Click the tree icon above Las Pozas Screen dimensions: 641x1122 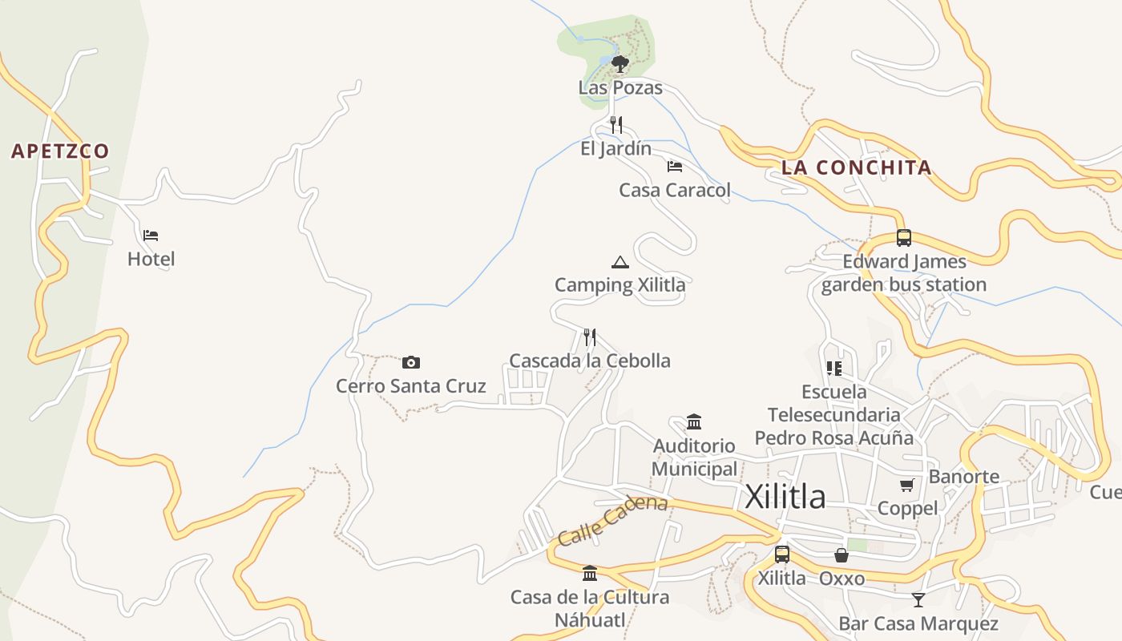tap(620, 63)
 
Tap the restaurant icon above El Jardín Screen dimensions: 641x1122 tap(615, 124)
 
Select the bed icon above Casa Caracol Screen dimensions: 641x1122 tap(675, 167)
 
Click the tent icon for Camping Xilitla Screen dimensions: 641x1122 tap(620, 262)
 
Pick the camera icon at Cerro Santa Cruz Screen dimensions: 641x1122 tap(411, 362)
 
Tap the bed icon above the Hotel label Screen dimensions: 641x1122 tap(151, 236)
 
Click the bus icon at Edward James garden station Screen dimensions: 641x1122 tap(904, 238)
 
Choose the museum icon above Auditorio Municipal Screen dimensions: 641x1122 tap(694, 421)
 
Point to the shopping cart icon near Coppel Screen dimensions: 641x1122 tap(906, 485)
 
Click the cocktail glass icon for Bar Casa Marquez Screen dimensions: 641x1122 tap(918, 599)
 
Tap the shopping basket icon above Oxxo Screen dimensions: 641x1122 tap(841, 554)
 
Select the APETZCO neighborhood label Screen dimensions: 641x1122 tap(60, 151)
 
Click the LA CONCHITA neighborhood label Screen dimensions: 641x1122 tap(856, 167)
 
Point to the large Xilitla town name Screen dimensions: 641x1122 tap(785, 497)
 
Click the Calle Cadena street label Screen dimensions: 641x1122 tap(613, 520)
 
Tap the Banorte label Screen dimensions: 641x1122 tap(964, 477)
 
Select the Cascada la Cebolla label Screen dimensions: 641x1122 tap(590, 361)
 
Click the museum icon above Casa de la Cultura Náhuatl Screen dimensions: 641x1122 tap(590, 573)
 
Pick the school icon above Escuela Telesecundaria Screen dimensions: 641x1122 tap(833, 369)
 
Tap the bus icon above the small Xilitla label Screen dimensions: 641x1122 tap(781, 554)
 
